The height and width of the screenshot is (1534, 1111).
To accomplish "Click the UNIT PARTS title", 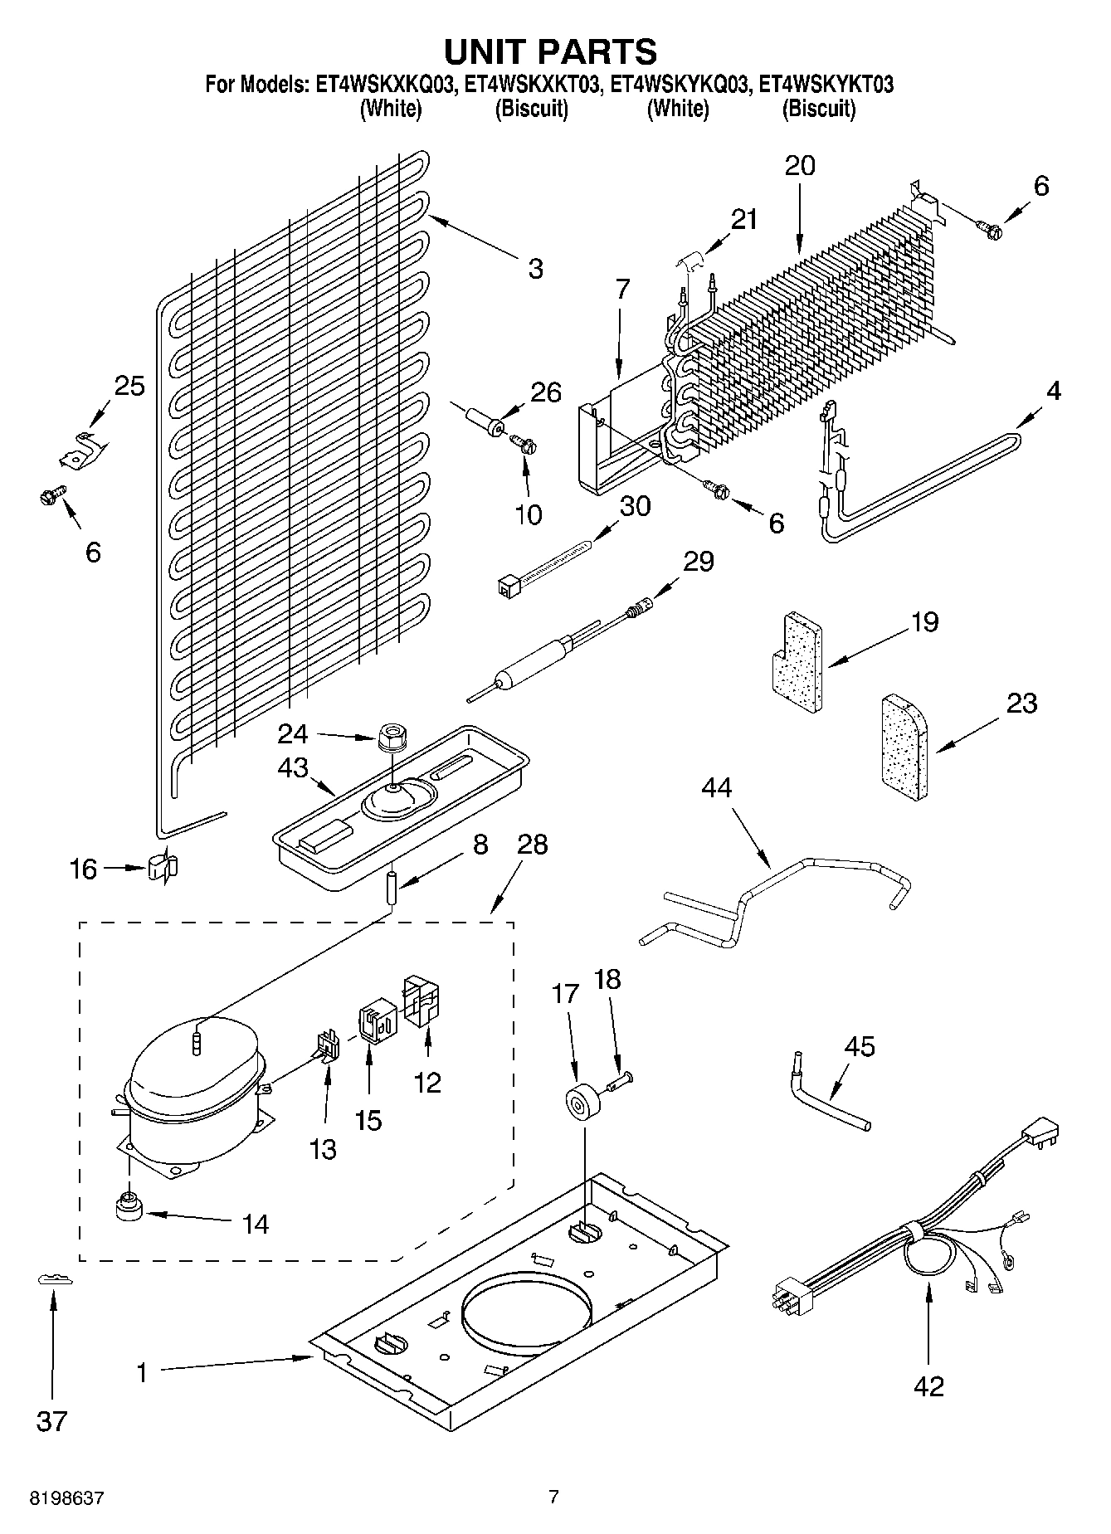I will tap(551, 52).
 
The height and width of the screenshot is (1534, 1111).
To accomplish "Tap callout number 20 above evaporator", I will tap(800, 166).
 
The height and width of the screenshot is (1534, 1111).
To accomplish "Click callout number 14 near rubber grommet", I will tap(256, 1224).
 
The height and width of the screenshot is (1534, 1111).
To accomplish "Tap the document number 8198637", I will tap(67, 1498).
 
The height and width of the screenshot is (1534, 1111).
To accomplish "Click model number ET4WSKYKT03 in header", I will tap(826, 85).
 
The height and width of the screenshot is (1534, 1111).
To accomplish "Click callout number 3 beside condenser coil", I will tap(535, 268).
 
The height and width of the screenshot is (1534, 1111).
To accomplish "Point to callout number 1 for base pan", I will tap(142, 1374).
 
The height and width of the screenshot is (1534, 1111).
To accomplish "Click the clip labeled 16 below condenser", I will tap(163, 868).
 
